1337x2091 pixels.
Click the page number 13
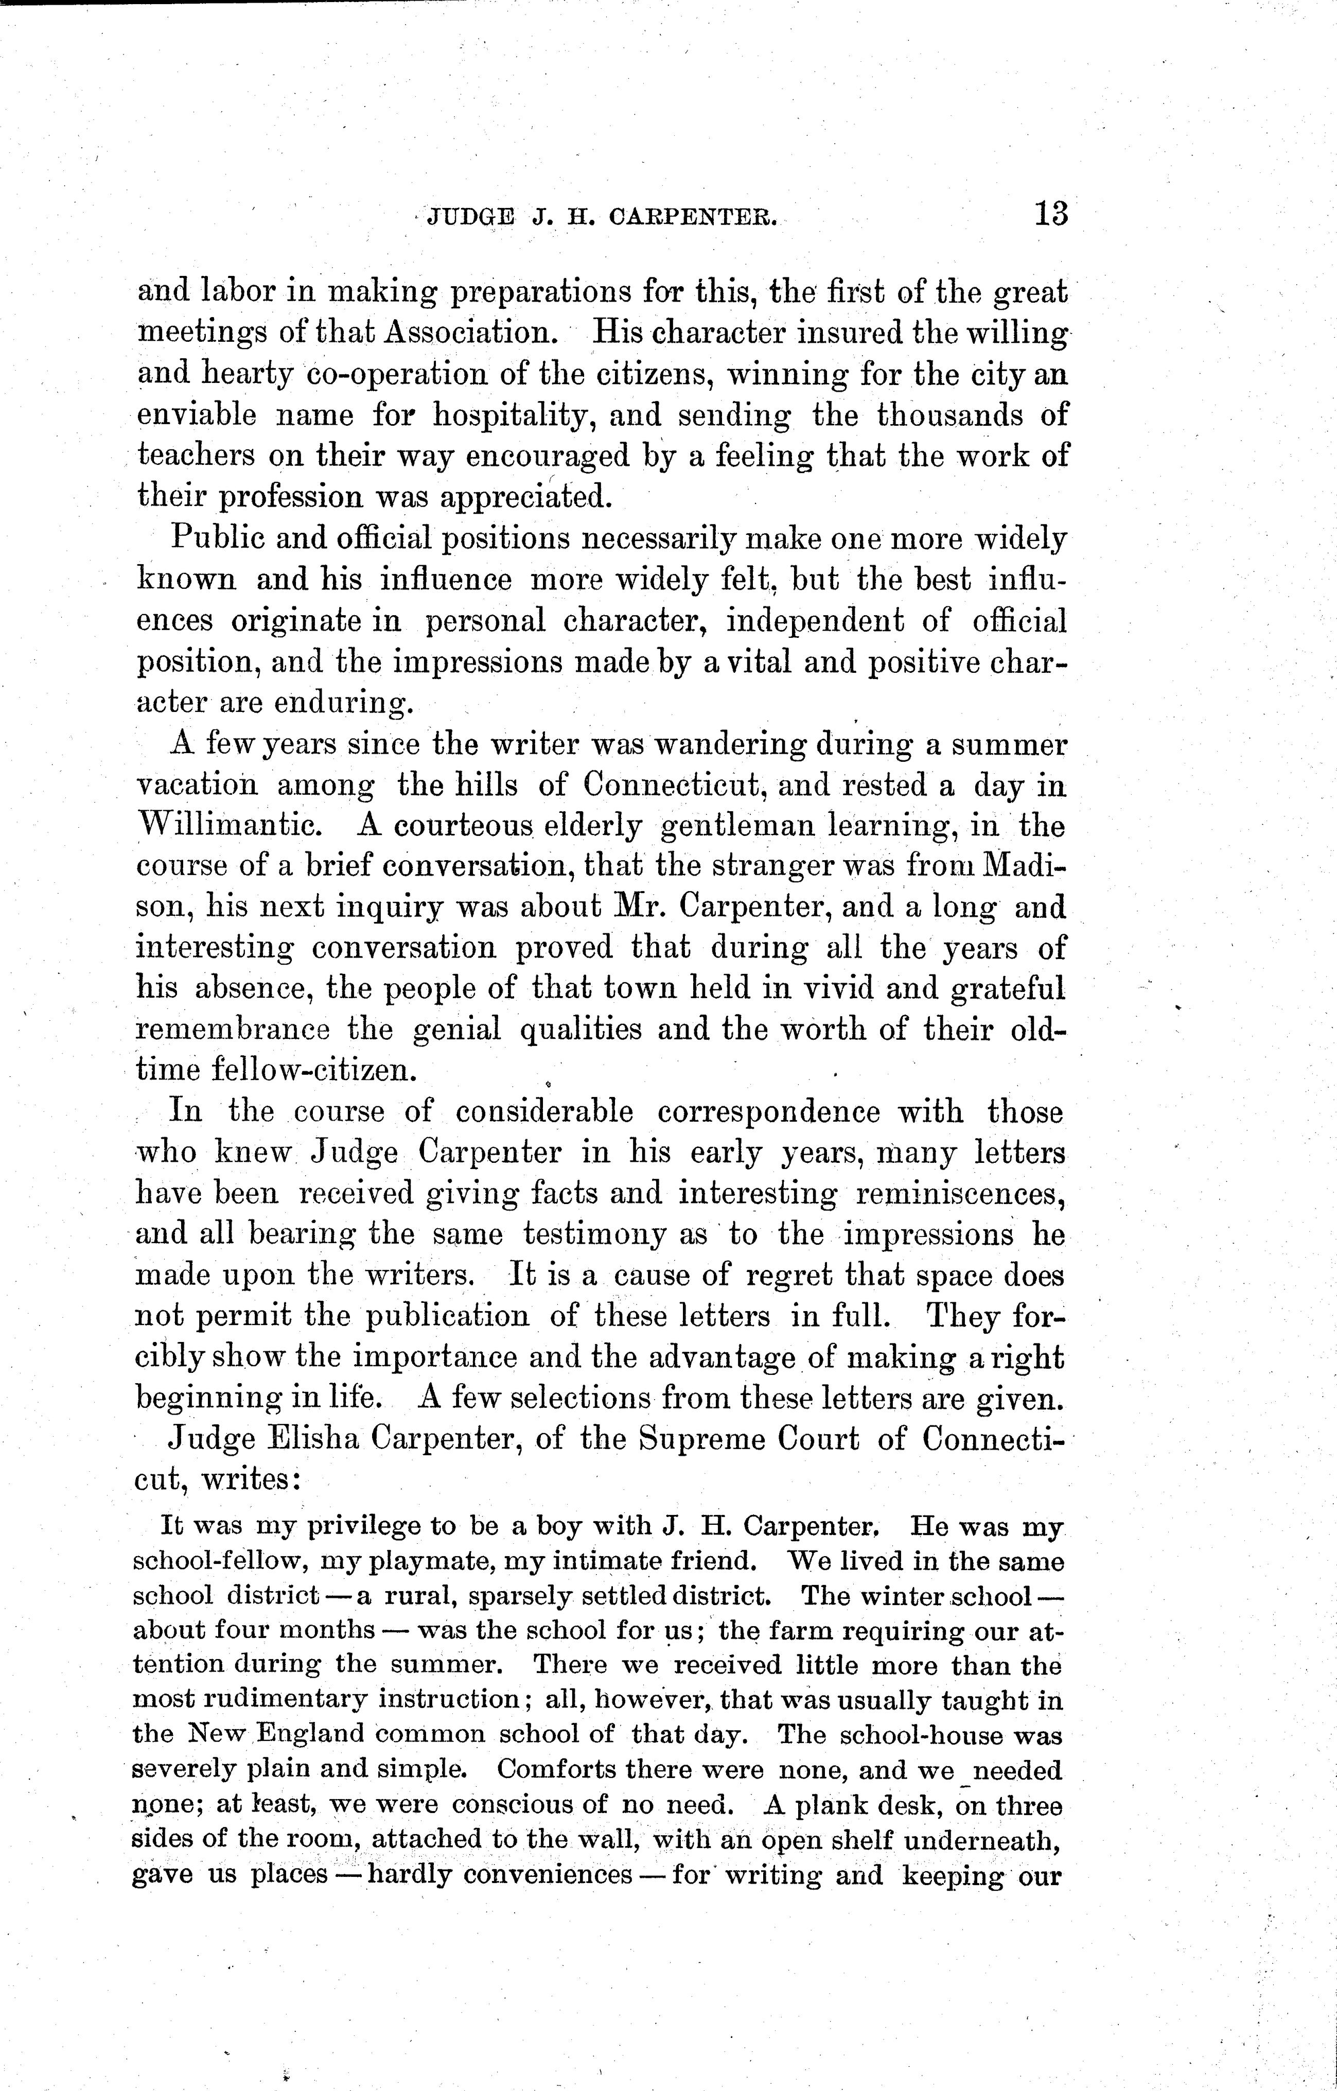[1050, 214]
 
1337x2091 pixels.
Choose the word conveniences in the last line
[549, 1876]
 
